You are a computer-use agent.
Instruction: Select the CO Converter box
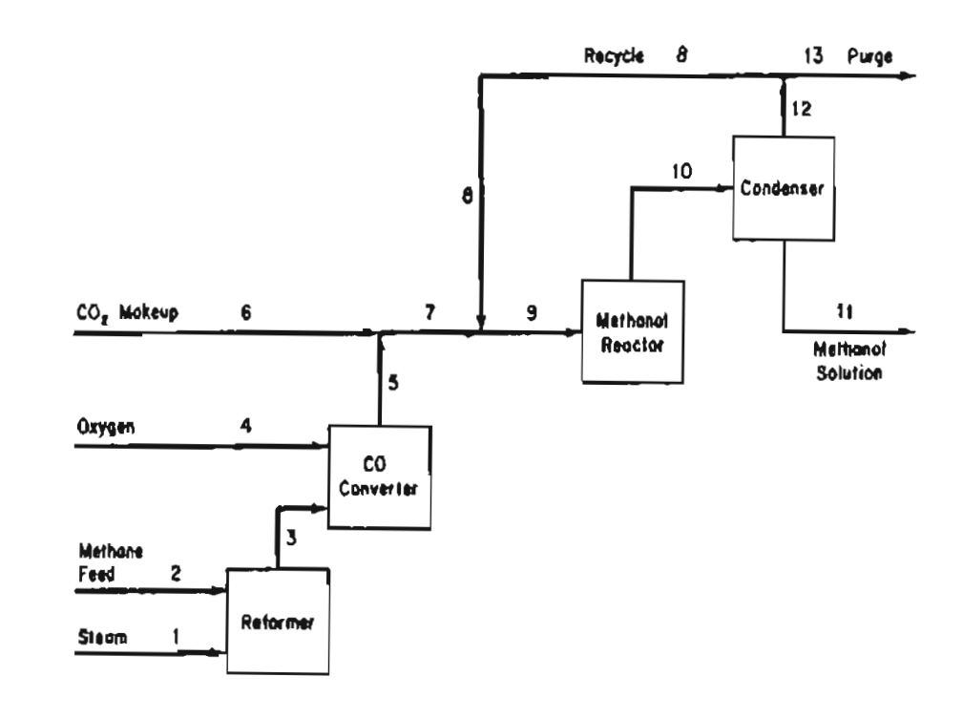tap(380, 474)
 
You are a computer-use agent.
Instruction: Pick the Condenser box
tap(783, 188)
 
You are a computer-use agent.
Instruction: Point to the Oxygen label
tap(105, 426)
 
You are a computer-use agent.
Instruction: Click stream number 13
tap(812, 56)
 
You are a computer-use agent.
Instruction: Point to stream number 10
tap(680, 170)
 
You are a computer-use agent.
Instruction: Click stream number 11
tap(844, 311)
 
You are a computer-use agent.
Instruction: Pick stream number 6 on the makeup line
tap(245, 311)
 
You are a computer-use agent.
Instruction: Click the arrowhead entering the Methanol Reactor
tap(575, 332)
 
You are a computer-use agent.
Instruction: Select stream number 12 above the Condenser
tap(800, 110)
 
